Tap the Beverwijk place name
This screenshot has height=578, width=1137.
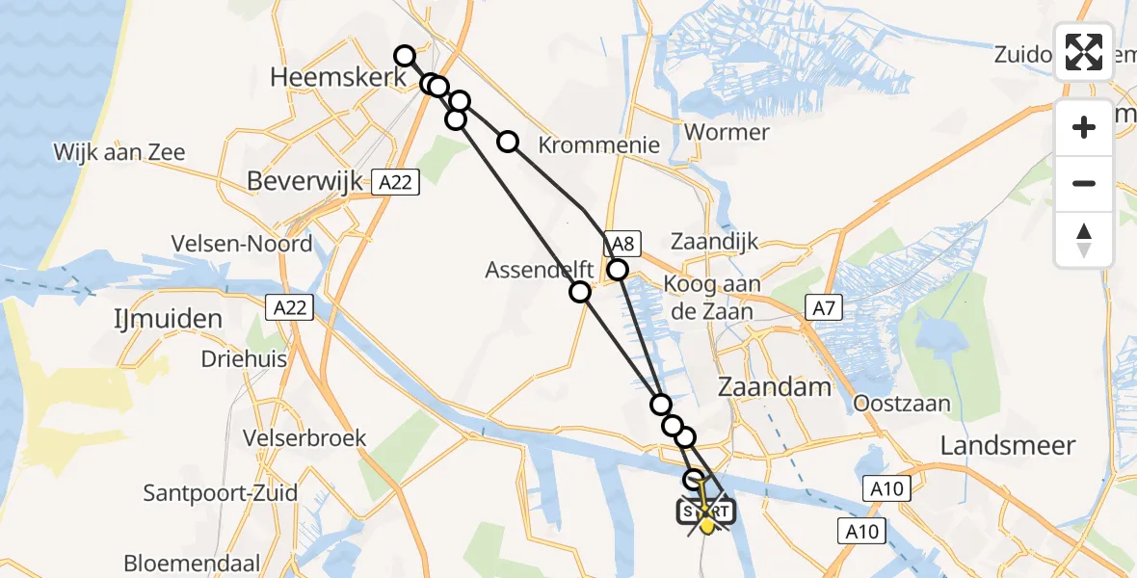tap(304, 180)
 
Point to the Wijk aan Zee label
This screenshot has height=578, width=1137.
tap(119, 151)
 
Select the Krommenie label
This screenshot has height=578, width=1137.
tap(598, 145)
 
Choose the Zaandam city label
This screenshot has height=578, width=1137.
tap(775, 387)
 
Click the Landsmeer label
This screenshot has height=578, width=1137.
tap(1007, 445)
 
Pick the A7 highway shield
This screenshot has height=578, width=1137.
tap(822, 308)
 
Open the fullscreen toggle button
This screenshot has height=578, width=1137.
tap(1084, 52)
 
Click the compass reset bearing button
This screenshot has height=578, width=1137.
tap(1084, 240)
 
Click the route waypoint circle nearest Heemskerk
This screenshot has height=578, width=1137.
tap(405, 56)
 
